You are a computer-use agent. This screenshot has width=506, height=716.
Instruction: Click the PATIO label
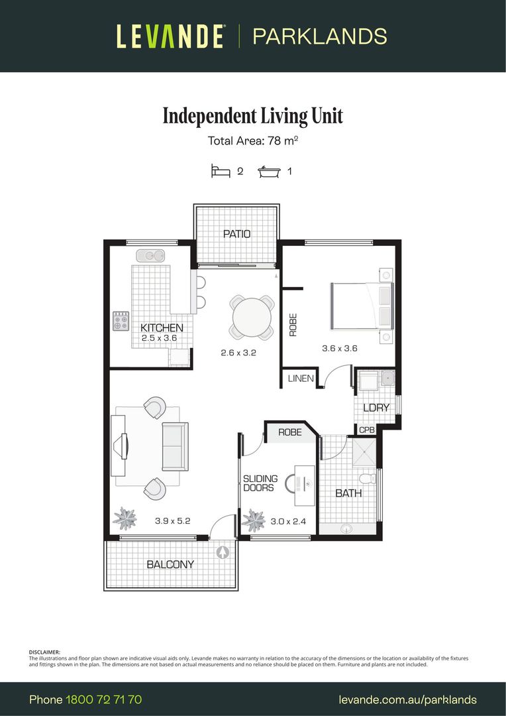pyautogui.click(x=236, y=234)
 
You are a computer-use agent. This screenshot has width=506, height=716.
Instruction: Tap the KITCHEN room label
pyautogui.click(x=162, y=328)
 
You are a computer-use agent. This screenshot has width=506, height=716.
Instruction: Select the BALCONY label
pyautogui.click(x=170, y=564)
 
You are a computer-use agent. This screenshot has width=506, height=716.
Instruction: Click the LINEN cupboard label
pyautogui.click(x=300, y=379)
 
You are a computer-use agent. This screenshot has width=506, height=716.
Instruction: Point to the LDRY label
pyautogui.click(x=376, y=408)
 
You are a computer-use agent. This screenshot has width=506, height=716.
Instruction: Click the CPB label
pyautogui.click(x=367, y=430)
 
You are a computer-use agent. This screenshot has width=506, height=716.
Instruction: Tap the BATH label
pyautogui.click(x=348, y=493)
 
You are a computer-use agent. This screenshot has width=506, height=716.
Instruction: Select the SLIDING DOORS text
pyautogui.click(x=258, y=483)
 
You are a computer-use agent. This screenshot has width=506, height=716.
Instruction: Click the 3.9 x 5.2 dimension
pyautogui.click(x=173, y=521)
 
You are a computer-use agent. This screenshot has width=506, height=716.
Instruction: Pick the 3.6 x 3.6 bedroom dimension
pyautogui.click(x=340, y=348)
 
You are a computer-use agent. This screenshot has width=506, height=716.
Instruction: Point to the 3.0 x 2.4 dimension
pyautogui.click(x=288, y=521)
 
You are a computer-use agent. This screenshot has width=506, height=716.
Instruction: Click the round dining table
pyautogui.click(x=251, y=317)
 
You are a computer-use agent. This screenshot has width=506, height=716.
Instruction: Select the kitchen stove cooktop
pyautogui.click(x=121, y=322)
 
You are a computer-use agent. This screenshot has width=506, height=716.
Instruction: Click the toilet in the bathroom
pyautogui.click(x=366, y=478)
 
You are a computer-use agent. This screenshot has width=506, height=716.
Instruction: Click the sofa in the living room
pyautogui.click(x=175, y=445)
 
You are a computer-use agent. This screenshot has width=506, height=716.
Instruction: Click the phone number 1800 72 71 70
pyautogui.click(x=103, y=699)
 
